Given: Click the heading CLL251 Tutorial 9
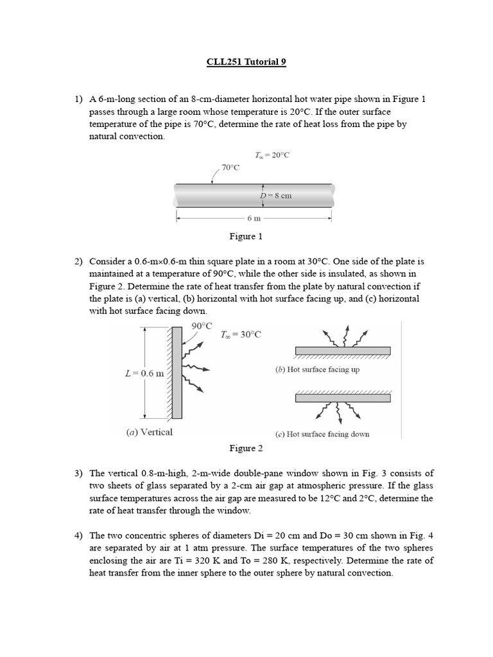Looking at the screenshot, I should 246,62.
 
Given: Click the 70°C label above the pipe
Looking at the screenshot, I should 230,167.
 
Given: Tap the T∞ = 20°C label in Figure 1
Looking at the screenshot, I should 273,155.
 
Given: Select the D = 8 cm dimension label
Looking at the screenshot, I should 275,195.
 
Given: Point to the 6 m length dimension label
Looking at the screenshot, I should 254,219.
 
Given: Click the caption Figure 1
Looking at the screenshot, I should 246,237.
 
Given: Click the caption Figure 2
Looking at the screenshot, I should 246,448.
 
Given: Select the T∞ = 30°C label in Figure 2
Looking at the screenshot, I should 241,335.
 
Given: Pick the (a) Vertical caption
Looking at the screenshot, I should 149,432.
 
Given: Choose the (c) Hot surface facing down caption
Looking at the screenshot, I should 322,434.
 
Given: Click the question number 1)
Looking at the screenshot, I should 79,99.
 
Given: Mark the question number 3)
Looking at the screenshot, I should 79,474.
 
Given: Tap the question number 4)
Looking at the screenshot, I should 79,535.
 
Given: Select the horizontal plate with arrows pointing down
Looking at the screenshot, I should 342,398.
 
